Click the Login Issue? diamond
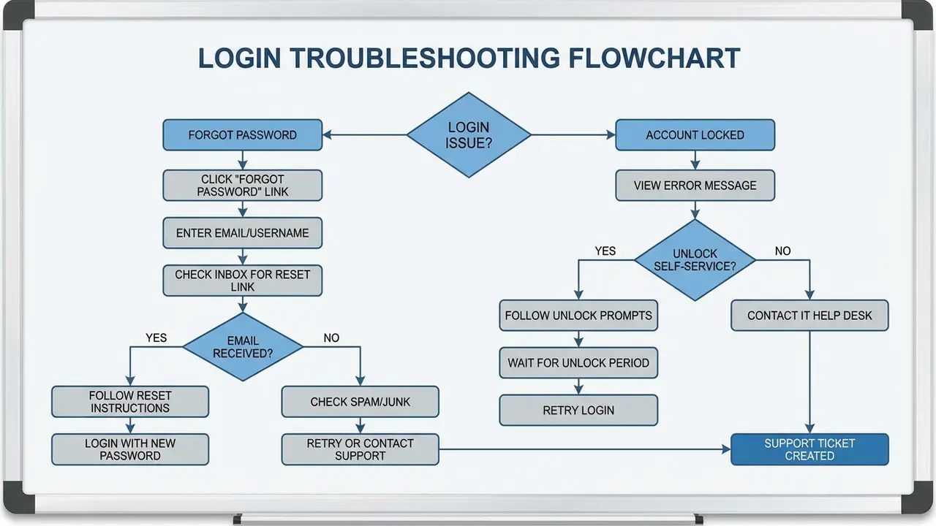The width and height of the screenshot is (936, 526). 469,135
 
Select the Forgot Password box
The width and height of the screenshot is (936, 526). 242,135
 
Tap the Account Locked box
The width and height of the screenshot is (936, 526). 695,135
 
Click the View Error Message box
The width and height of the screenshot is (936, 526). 695,186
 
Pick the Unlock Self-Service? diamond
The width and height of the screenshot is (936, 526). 695,260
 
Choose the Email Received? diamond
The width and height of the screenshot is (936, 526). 243,347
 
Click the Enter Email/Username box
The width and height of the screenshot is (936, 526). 242,234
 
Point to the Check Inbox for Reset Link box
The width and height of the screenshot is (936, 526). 242,281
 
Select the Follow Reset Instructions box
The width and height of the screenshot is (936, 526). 130,402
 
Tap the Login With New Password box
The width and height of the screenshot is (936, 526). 130,449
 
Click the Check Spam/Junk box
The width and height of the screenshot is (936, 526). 360,402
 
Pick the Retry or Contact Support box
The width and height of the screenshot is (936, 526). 360,449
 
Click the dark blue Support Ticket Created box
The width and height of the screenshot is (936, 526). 809,449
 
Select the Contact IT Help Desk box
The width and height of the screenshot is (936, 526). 809,316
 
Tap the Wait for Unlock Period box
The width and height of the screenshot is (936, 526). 578,363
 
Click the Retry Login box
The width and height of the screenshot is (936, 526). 578,411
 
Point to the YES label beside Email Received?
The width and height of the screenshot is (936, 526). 156,338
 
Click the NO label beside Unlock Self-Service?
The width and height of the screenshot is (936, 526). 782,251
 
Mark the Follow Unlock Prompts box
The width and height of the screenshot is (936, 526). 578,316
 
